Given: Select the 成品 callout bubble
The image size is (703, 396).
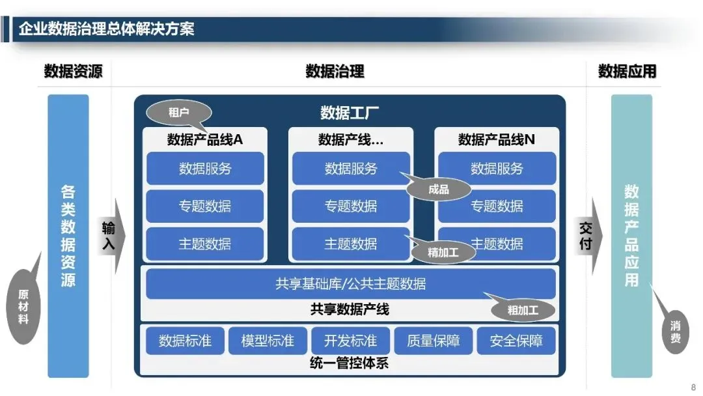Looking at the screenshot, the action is coord(439,190).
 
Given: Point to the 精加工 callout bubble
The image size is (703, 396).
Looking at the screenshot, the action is coord(443,253).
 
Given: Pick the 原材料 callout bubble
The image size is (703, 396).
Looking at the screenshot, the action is coord(23,306).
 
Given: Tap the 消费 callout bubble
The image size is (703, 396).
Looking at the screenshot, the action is coord(676,332).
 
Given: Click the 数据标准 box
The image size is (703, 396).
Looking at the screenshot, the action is coord(185,341).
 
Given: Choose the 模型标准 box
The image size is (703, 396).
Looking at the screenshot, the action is coord(268,341).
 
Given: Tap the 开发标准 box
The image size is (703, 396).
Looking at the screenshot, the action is coord(350,341).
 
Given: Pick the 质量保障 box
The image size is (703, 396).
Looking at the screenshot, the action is coord(433,341).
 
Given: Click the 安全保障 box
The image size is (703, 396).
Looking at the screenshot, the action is coord(516,341).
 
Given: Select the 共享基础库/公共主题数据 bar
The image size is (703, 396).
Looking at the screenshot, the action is coord(350,284).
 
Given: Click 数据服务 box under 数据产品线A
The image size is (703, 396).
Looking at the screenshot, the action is coord(205,169).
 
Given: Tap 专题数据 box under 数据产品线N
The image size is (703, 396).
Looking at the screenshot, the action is coord(497,206).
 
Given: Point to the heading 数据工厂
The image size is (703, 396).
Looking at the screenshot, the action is coord(350,113).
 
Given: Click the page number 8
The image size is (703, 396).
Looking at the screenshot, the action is coord(693,386).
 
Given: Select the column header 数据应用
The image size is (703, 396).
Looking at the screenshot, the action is coord(627,71).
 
